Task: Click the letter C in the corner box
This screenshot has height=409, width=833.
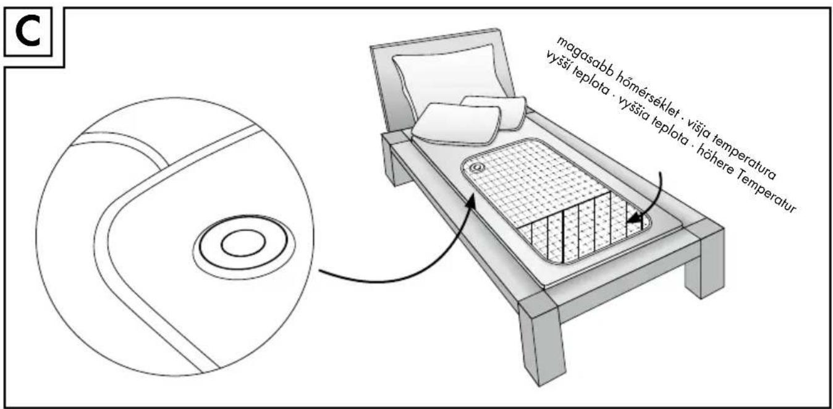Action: click(28, 33)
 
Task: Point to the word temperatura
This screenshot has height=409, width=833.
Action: click(748, 156)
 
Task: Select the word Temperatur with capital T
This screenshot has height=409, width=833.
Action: click(765, 194)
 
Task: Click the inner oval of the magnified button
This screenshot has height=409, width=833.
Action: click(243, 243)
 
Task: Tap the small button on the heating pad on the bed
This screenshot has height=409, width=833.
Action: click(476, 168)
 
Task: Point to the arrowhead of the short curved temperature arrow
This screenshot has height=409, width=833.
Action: click(634, 219)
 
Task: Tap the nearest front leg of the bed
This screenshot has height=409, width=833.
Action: click(541, 339)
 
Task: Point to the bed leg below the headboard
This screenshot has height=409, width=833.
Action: click(396, 160)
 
